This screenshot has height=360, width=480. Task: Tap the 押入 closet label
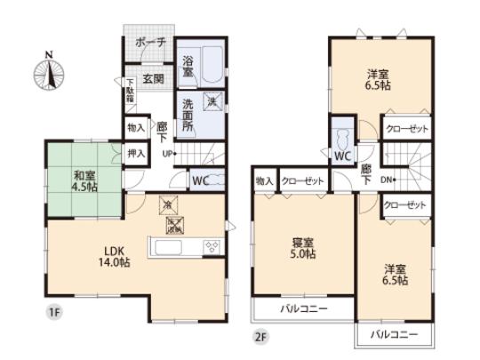[137, 154]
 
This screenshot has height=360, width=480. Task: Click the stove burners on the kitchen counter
[213, 245]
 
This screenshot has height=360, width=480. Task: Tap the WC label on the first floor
[202, 178]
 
